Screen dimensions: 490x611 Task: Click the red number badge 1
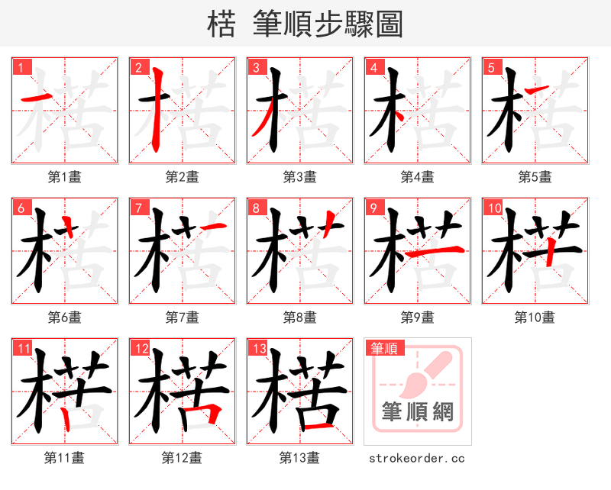coord(21,67)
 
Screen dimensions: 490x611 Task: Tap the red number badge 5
coord(491,67)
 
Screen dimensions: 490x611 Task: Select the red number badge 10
coord(493,208)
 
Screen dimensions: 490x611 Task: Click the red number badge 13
coord(258,349)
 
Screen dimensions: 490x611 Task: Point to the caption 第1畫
coord(65,177)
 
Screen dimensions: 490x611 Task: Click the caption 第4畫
coord(418,177)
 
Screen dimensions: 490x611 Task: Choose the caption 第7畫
coord(183,318)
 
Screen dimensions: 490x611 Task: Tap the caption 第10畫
coord(535,318)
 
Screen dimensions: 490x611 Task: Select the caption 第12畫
coord(183,458)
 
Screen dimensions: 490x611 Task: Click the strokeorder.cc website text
coord(417,459)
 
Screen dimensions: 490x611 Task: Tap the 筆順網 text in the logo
coord(417,412)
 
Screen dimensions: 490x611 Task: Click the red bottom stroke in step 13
coord(316,424)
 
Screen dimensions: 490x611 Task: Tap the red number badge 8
coord(257,208)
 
